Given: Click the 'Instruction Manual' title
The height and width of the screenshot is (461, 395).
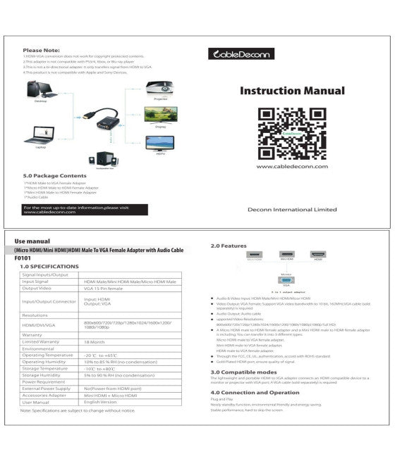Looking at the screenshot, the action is (x=292, y=91).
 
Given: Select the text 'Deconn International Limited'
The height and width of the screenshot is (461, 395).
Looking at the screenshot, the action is (x=292, y=209).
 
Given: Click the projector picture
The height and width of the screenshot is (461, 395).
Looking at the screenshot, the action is (x=157, y=89).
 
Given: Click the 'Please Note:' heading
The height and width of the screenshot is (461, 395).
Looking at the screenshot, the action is (x=41, y=51).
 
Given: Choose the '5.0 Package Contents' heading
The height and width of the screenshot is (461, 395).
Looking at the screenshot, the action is (x=54, y=175).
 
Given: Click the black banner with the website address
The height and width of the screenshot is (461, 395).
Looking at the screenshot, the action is (x=84, y=209).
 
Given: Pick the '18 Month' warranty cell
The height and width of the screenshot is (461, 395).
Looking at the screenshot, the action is (x=95, y=342).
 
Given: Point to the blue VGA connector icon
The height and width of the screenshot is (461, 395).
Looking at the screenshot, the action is (x=286, y=279).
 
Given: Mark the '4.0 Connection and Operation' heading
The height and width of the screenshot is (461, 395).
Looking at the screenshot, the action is (x=255, y=392).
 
